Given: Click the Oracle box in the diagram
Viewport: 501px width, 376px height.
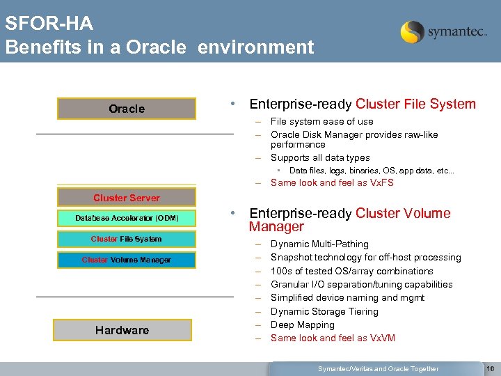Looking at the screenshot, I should click(x=127, y=109).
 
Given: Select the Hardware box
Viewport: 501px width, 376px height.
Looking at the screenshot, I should click(x=122, y=330).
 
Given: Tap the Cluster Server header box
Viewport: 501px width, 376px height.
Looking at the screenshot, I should click(x=127, y=198).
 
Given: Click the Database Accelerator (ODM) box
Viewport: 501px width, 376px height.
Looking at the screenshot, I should click(x=127, y=218).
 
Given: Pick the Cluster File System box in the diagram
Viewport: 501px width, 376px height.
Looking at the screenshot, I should click(x=127, y=239).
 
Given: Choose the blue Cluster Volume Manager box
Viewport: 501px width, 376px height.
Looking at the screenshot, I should click(x=127, y=260).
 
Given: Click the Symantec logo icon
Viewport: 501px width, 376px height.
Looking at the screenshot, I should click(x=412, y=32).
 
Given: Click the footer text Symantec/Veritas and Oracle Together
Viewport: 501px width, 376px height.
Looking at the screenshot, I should click(x=378, y=368).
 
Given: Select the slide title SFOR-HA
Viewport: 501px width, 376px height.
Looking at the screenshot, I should click(x=49, y=24).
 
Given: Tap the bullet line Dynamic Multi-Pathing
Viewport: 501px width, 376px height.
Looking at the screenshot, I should click(x=319, y=244).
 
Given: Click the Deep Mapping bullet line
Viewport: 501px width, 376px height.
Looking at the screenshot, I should click(x=302, y=324).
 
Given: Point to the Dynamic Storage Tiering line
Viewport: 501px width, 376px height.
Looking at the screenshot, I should click(x=324, y=311).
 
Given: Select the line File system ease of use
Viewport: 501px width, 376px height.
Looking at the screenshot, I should click(x=321, y=121).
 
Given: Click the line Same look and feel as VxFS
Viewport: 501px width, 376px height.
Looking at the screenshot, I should click(x=332, y=183).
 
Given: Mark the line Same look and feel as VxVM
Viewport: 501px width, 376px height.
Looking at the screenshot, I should click(x=333, y=338).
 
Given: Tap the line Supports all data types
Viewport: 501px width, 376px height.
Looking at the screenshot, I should click(x=320, y=157).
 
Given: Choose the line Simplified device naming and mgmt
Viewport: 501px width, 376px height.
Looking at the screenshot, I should click(x=347, y=297).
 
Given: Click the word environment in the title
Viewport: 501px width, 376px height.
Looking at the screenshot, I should click(x=255, y=47).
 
